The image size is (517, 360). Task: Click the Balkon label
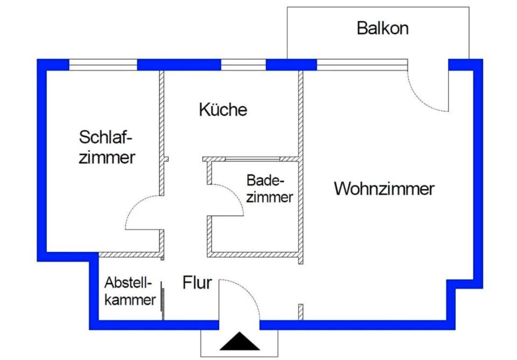coord(382,29)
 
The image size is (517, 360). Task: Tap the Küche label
coord(223,109)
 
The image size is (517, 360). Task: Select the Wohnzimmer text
coord(384,189)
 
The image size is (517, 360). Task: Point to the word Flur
coord(197,283)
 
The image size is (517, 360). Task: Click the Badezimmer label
coord(269,189)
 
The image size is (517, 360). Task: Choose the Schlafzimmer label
coord(107,147)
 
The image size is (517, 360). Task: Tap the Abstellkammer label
coord(130,292)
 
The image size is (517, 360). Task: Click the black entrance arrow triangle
coord(240,341)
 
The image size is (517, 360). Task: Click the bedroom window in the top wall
coord(103,65)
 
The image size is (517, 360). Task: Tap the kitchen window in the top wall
coord(243,65)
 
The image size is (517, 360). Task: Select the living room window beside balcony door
coord(362,65)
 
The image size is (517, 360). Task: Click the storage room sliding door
coord(162,301)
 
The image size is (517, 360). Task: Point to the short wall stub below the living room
coord(301,312)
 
